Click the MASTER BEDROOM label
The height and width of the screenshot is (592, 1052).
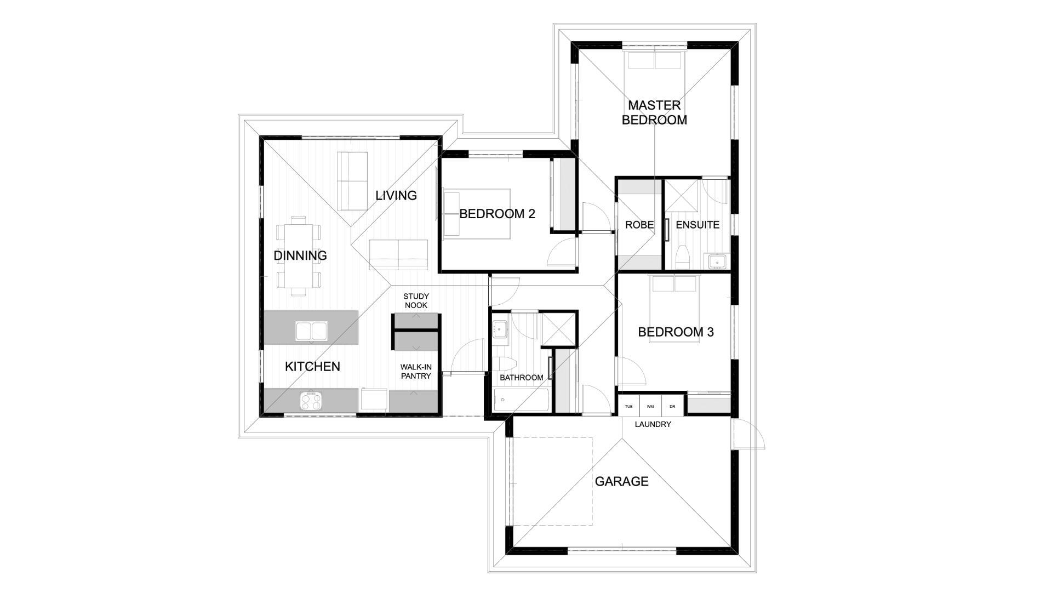[x=654, y=112]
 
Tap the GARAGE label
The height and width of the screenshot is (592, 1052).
[x=621, y=481]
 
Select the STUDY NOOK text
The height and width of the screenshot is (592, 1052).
[x=416, y=301]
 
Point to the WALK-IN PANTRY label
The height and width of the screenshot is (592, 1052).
[x=416, y=372]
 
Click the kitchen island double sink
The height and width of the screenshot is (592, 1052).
[x=311, y=331]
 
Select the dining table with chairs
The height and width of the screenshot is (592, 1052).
[x=299, y=255]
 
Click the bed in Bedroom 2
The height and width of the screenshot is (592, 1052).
[x=477, y=214]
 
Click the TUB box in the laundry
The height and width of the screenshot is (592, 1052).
[x=629, y=406]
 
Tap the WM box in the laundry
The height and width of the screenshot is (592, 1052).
[x=650, y=406]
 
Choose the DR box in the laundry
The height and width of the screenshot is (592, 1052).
[x=672, y=406]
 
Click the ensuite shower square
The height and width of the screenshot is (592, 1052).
[x=681, y=196]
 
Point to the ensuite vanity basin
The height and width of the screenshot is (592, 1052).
[x=717, y=261]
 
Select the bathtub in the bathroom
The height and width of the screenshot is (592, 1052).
[x=521, y=401]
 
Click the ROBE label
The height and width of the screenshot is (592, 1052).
[x=639, y=225]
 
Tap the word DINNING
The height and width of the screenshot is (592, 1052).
[x=300, y=255]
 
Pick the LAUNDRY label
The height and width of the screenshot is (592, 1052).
[x=653, y=424]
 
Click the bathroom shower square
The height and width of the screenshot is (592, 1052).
[x=558, y=329]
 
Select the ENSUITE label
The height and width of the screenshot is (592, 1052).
[x=697, y=225]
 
